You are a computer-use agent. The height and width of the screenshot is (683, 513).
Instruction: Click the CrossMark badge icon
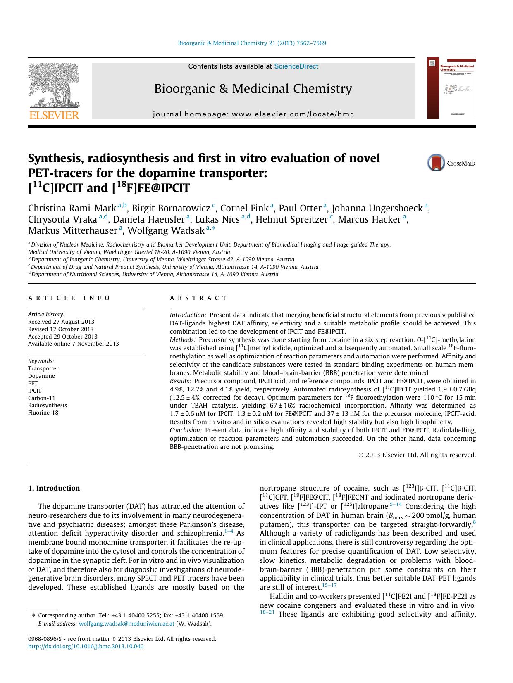click(436, 163)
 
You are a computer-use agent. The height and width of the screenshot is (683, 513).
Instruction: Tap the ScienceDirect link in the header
click(296, 66)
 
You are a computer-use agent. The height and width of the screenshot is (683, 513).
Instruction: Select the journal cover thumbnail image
click(451, 88)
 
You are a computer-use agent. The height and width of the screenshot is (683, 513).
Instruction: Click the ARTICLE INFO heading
click(69, 298)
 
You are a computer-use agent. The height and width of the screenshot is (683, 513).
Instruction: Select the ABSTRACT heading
click(198, 298)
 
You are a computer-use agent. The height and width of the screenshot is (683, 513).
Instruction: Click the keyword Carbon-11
click(41, 398)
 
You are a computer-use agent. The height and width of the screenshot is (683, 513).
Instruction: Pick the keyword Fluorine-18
click(43, 413)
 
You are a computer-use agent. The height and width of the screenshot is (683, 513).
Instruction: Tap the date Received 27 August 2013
click(61, 322)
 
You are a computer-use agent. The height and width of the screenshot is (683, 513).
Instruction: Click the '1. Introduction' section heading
click(54, 488)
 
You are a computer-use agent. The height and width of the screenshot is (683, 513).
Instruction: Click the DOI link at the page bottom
click(86, 646)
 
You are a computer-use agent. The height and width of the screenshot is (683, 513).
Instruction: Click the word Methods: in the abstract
click(182, 340)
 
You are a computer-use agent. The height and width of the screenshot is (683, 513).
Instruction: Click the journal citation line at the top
click(252, 43)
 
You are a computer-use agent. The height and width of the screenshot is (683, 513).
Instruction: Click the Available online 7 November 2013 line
click(73, 344)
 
